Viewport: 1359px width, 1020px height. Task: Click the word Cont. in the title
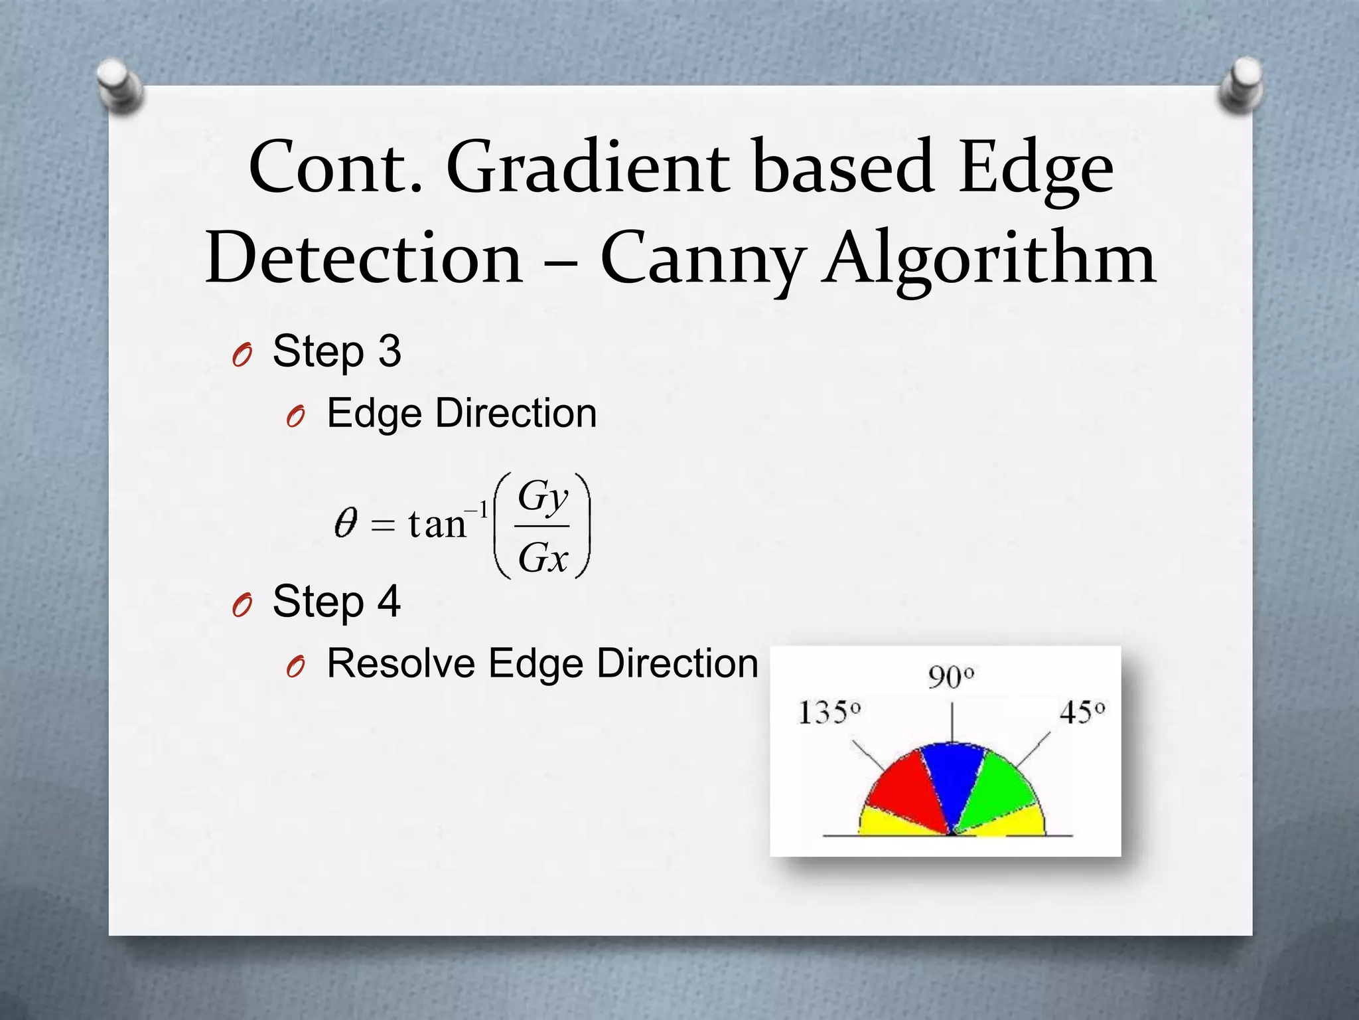tap(335, 167)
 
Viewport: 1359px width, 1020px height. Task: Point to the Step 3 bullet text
tap(336, 351)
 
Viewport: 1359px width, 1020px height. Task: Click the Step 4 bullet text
tap(336, 602)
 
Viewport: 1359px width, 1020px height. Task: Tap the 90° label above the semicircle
tap(951, 678)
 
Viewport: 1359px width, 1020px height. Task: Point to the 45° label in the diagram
tap(1082, 713)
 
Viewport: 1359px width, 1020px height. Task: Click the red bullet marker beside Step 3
tap(242, 357)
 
